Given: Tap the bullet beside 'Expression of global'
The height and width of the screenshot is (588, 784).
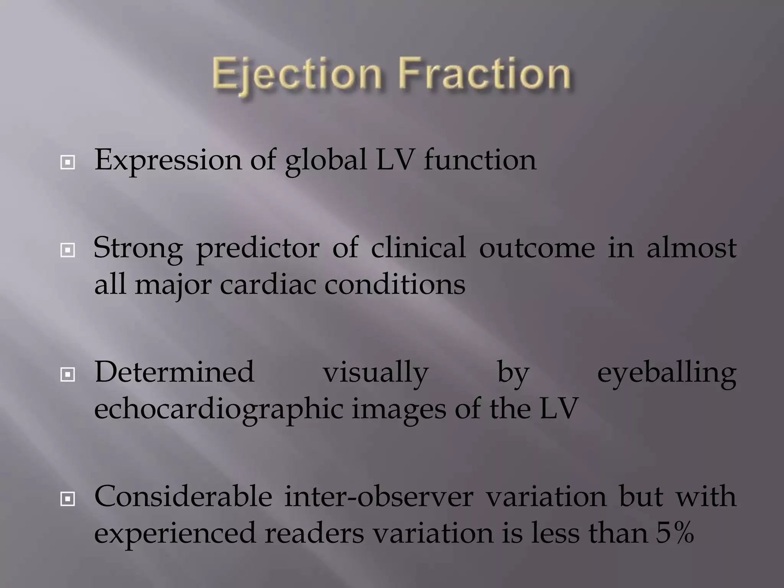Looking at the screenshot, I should (67, 163).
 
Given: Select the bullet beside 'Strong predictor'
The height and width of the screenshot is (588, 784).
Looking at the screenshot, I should (67, 251).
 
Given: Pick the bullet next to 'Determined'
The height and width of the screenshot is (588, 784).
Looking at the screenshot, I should (67, 375).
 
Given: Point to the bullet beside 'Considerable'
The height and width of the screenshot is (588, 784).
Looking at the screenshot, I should (67, 499).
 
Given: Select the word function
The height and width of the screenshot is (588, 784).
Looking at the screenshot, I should (480, 160).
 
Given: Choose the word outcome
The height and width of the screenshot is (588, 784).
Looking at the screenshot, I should (537, 248).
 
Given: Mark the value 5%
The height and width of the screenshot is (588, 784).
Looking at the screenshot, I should (675, 533).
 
